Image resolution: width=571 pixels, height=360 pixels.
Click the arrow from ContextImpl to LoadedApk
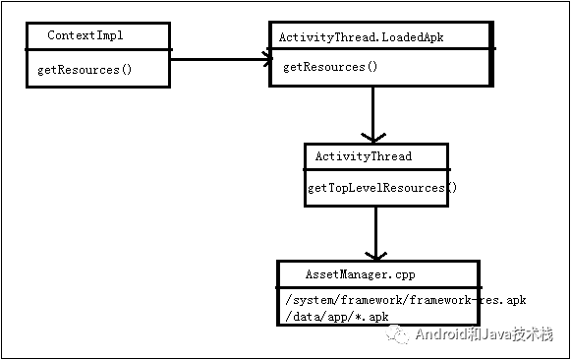point(220,59)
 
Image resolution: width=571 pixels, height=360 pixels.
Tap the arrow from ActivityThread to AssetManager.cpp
point(374,230)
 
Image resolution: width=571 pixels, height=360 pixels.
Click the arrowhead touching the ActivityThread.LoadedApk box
point(264,59)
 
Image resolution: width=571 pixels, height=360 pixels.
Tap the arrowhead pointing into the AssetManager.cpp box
point(374,253)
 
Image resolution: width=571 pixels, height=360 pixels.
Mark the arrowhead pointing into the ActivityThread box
point(373,136)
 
